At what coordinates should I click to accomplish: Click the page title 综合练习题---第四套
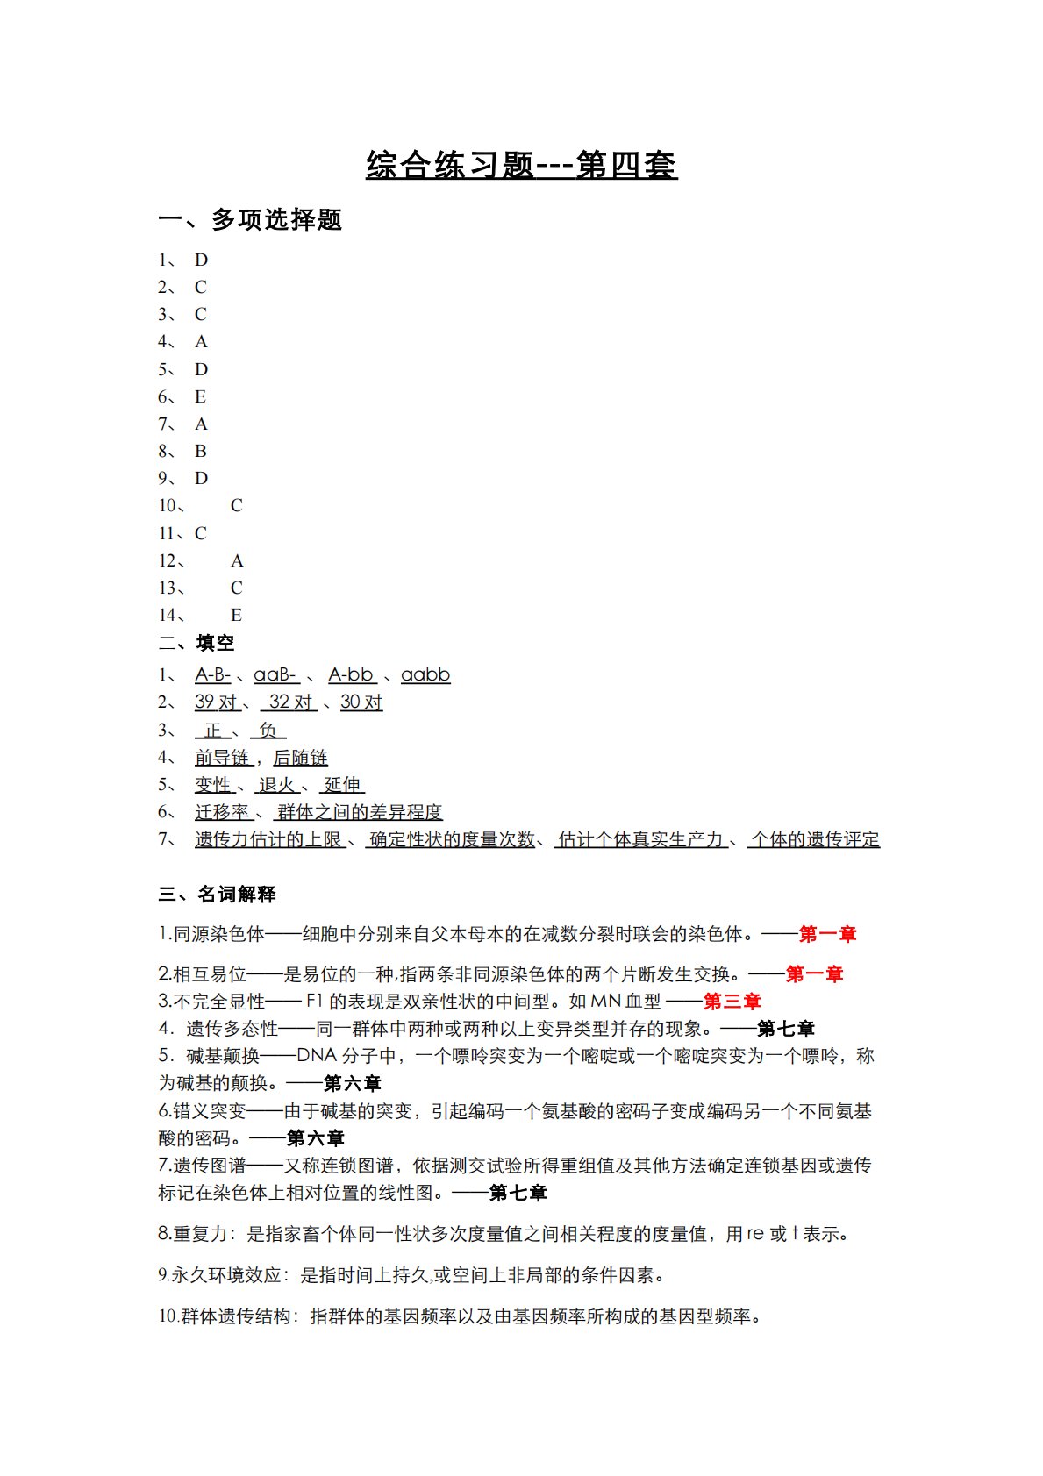point(521,165)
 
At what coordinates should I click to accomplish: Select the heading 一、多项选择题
point(250,219)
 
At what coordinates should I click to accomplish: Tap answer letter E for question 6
point(200,397)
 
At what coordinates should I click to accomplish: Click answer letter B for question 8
point(201,452)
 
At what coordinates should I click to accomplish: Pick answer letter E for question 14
point(236,616)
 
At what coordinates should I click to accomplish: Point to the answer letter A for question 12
point(237,561)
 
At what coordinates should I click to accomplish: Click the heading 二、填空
point(196,643)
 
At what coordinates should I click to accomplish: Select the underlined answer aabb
point(425,675)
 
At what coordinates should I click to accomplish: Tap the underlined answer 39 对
point(216,702)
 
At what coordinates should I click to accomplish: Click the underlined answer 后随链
point(300,758)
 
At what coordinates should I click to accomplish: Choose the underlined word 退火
point(277,785)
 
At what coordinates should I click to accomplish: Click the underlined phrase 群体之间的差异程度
point(360,813)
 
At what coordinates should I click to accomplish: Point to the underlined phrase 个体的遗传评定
point(815,840)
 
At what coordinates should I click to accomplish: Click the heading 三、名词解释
point(218,895)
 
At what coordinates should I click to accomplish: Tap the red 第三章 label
point(732,1002)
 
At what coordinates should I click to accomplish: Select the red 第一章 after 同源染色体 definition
point(827,935)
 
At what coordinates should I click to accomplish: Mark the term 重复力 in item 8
point(200,1235)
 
